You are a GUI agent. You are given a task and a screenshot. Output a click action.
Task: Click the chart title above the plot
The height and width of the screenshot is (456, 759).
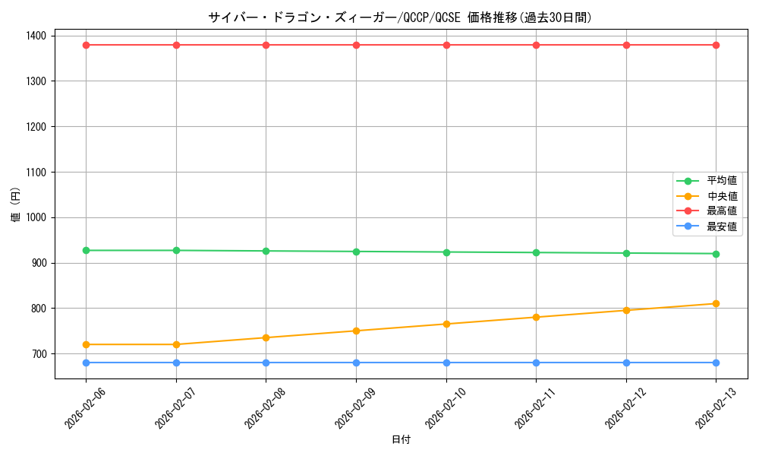400,17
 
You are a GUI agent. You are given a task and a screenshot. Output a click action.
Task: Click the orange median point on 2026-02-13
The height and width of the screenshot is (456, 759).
716,304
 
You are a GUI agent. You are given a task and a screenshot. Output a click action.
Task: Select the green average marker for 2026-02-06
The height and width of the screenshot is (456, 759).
86,250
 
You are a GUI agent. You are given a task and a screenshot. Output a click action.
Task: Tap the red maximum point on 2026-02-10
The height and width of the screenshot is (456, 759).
446,45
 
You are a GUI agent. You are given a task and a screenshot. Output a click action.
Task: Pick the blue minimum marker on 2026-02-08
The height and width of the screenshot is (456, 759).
266,363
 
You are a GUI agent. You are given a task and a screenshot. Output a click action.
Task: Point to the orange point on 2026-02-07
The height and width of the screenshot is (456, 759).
176,344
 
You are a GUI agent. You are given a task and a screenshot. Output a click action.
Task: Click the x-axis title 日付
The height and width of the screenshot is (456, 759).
401,440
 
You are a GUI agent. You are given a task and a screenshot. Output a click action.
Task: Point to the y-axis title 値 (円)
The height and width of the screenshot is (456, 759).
15,207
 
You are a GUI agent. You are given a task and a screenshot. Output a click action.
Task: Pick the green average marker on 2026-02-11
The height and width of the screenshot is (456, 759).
536,252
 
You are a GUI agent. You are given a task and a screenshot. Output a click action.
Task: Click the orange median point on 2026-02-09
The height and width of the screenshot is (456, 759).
356,331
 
